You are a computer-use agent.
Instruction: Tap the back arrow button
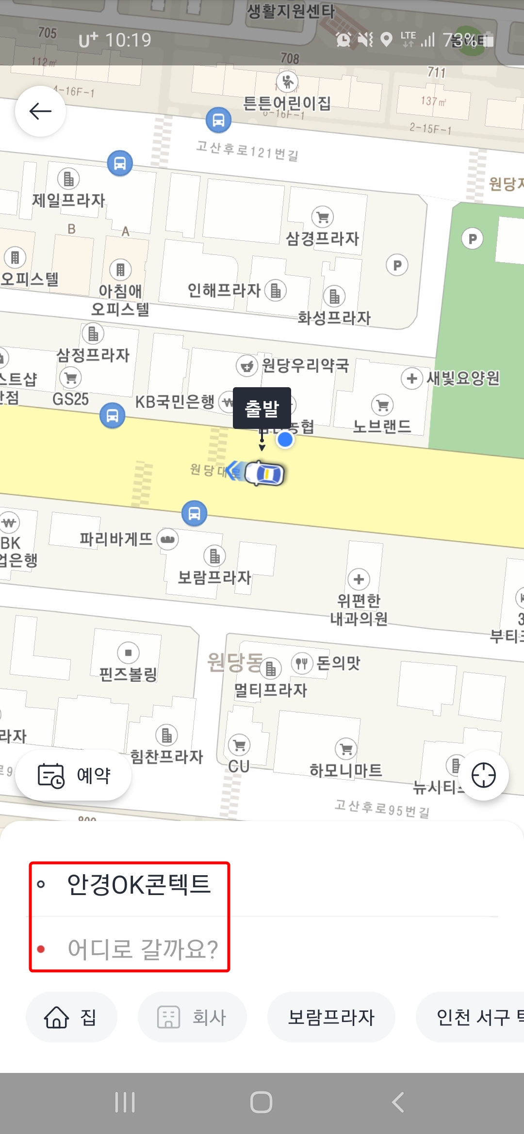[40, 111]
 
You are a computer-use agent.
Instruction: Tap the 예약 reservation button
[73, 775]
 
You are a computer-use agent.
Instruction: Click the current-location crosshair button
[483, 775]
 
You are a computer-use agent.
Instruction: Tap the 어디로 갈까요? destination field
[143, 949]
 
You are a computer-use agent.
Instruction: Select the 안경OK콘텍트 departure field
[138, 884]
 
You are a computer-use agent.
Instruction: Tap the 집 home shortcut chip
[71, 1017]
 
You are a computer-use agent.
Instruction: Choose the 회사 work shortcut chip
[192, 1017]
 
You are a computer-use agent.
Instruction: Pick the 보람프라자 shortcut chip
[331, 1017]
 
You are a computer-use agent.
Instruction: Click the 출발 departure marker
[262, 408]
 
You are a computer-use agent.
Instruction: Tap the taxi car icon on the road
[264, 473]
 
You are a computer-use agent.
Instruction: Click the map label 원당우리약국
[305, 365]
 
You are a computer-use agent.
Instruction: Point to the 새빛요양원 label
[462, 378]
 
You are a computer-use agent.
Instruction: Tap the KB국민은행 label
[175, 401]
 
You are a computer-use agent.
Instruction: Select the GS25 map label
[70, 399]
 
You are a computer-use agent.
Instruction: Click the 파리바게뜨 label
[116, 539]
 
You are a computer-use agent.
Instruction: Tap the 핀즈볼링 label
[128, 674]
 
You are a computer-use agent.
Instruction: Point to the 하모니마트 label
[345, 770]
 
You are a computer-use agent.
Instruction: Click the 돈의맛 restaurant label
[338, 662]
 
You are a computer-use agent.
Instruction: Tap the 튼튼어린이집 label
[287, 103]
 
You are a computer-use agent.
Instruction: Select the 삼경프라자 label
[322, 238]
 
